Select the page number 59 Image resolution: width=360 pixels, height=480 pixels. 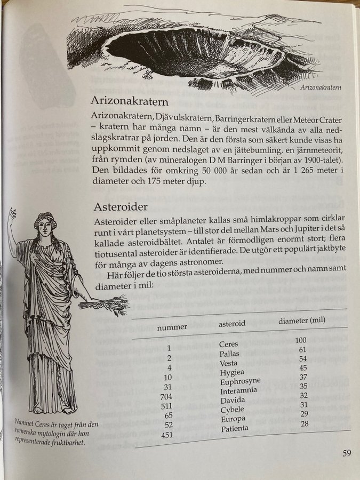pos(346,454)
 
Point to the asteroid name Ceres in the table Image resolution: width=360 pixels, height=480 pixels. pos(229,344)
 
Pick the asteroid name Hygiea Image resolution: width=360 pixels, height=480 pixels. pos(232,372)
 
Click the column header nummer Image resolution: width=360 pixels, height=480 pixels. pos(172,327)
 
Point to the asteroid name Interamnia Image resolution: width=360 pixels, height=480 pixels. pos(239,390)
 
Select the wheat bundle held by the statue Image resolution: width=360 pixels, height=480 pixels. pos(107,305)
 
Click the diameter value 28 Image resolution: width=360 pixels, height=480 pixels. pos(304,423)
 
